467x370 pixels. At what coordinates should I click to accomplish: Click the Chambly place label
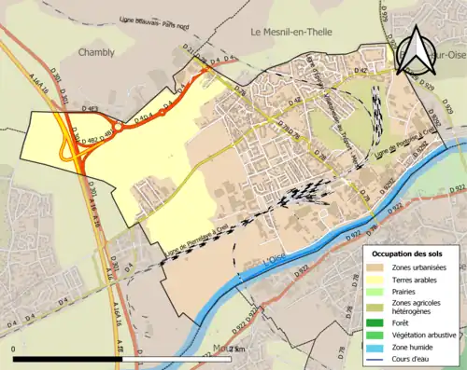pyautogui.click(x=96, y=53)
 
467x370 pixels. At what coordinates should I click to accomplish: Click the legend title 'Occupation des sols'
pyautogui.click(x=407, y=254)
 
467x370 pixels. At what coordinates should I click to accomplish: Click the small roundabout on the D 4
pyautogui.click(x=119, y=128)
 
